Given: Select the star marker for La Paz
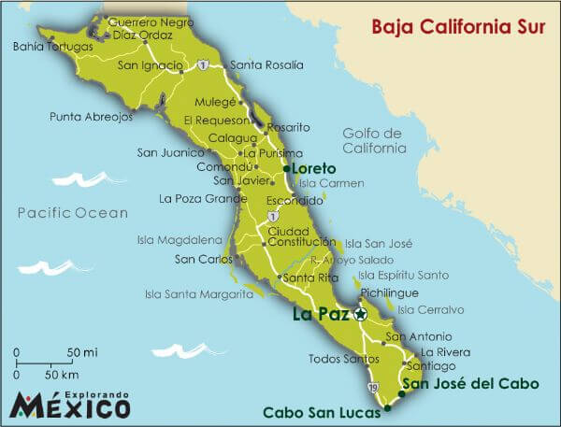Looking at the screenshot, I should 361,315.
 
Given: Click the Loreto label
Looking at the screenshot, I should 314,168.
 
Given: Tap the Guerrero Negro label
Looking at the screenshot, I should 145,21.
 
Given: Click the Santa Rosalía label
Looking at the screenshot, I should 266,64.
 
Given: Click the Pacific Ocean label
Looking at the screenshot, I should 72,213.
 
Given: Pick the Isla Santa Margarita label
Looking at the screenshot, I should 198,293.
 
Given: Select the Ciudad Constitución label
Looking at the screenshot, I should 295,236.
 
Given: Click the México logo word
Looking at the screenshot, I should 70,406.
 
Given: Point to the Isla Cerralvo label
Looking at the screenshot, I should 431,309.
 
